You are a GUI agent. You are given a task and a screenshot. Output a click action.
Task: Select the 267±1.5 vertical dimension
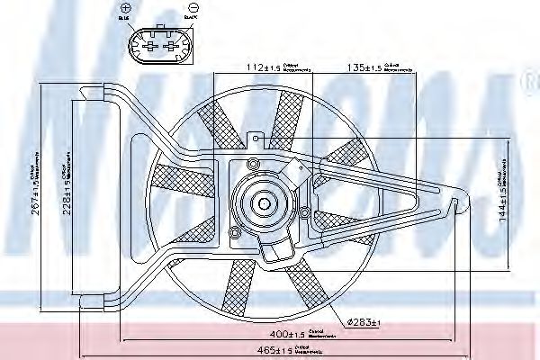35,180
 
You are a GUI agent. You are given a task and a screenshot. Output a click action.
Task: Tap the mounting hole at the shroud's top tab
257,139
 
